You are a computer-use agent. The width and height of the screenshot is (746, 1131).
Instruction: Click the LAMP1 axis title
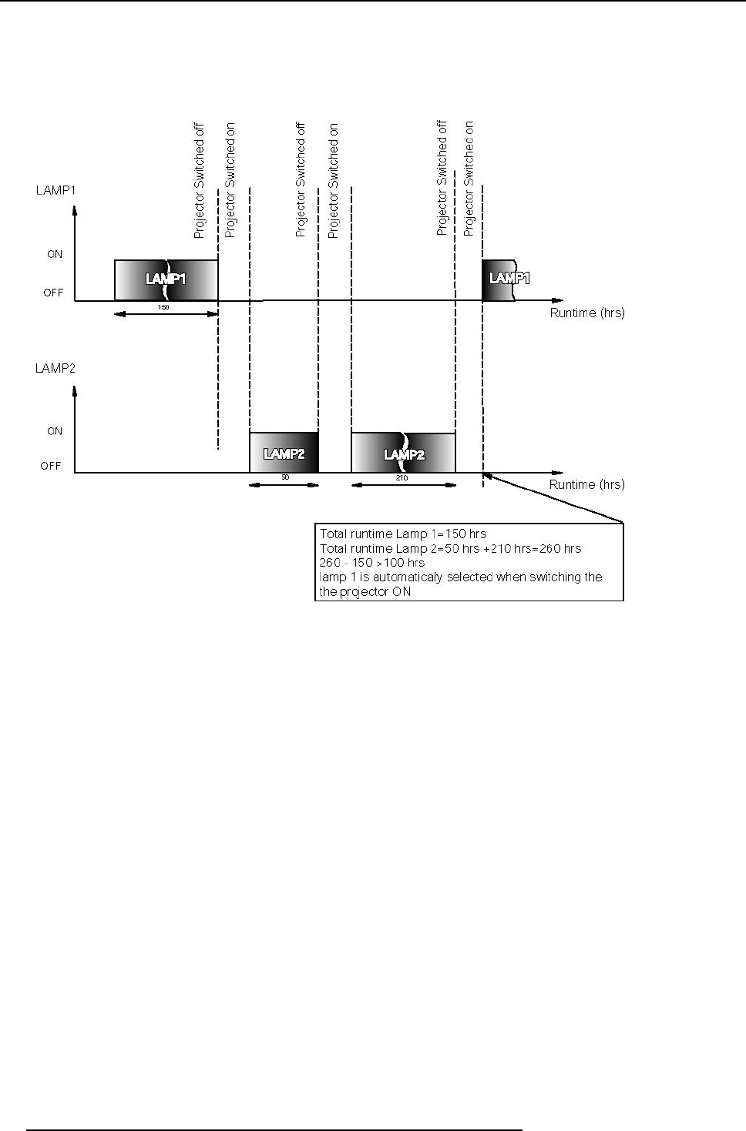(55, 190)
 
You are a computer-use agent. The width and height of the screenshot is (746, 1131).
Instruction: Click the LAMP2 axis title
(55, 368)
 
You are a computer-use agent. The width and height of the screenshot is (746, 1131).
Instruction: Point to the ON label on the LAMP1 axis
(55, 254)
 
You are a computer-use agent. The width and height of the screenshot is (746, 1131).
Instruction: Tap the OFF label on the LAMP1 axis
(53, 293)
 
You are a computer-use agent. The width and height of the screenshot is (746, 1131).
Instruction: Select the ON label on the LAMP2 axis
(55, 431)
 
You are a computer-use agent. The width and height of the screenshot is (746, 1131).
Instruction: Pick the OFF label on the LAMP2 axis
(51, 466)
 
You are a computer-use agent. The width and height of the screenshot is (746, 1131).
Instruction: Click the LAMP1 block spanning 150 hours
(166, 279)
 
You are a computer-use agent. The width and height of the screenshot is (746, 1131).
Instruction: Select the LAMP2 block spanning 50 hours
(284, 453)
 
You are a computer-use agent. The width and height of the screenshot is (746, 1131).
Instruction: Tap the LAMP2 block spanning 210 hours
(403, 453)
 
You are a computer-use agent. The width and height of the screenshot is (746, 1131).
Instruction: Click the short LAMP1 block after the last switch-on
(499, 279)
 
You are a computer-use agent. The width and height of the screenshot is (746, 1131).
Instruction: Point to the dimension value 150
(163, 307)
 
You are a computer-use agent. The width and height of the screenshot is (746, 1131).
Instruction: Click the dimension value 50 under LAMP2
(284, 478)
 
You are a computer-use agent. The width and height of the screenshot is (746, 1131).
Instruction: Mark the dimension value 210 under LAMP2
(402, 478)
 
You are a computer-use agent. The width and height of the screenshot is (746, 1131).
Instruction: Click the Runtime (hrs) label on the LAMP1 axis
(586, 313)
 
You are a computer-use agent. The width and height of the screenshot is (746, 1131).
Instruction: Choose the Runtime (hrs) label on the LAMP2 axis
(586, 484)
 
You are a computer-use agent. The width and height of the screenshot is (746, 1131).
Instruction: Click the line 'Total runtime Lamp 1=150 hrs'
(403, 534)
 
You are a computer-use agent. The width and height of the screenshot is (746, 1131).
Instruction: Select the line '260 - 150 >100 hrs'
(371, 562)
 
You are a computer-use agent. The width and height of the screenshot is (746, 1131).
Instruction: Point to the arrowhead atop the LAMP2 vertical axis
(75, 390)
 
